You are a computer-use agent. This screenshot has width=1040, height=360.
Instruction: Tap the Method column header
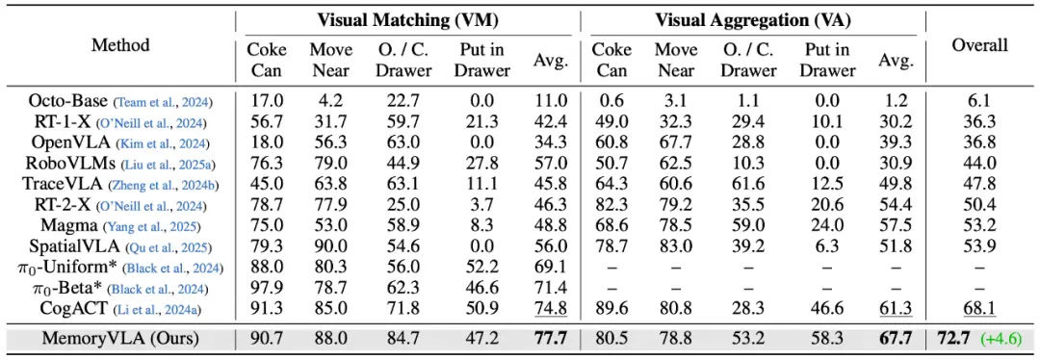pos(120,45)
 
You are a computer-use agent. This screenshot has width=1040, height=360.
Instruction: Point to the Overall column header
pos(980,45)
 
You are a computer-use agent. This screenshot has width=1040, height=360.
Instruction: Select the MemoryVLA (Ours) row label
pos(120,340)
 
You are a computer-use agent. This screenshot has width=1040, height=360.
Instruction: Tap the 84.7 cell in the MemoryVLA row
pos(403,340)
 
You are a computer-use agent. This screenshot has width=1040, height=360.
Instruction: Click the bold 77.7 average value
pos(551,340)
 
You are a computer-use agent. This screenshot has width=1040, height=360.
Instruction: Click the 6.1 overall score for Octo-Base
pos(980,101)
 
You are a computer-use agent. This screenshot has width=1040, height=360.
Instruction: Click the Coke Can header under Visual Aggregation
pos(611,60)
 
